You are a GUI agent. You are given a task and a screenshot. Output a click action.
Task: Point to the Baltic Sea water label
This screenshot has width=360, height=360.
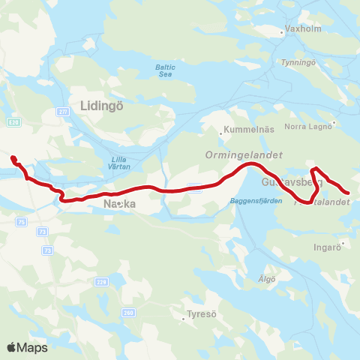click(165, 70)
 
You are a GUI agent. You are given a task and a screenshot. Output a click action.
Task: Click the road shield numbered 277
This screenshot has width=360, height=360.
click(63, 111)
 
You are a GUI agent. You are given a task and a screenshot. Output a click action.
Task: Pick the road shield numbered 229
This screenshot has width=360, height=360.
click(101, 282)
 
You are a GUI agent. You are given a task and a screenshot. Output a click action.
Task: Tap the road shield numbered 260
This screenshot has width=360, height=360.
click(129, 312)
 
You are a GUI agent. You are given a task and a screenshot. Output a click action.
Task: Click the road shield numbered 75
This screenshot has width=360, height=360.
click(21, 221)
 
